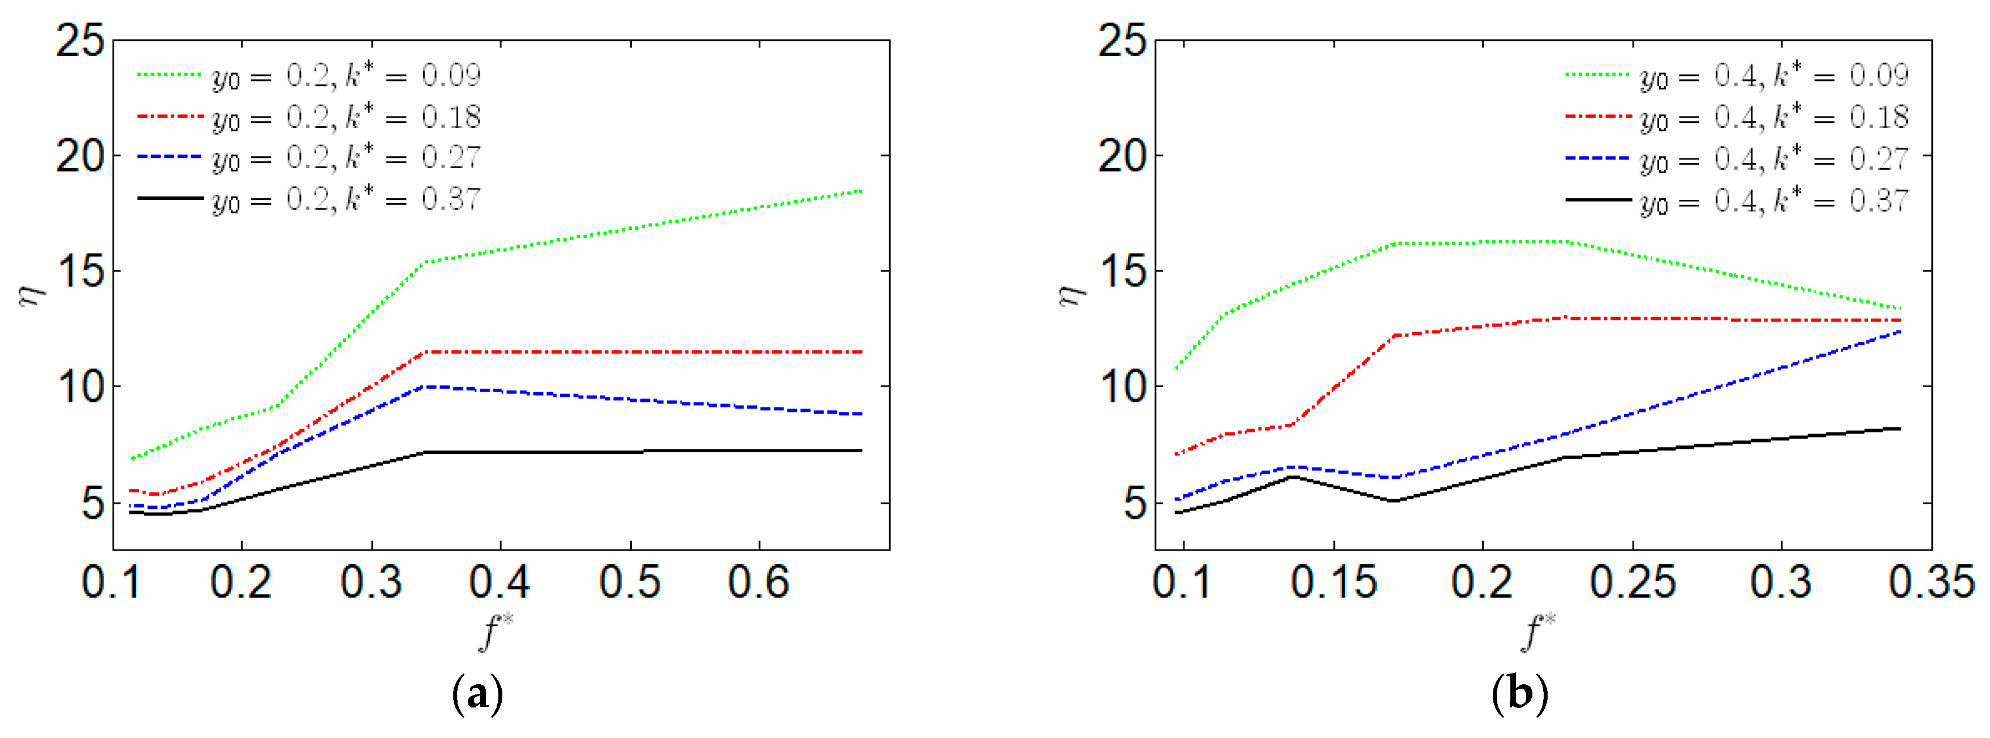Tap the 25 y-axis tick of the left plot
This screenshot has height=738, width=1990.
click(80, 40)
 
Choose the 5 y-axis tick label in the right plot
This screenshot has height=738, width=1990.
click(1134, 504)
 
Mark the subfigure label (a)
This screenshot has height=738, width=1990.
click(477, 694)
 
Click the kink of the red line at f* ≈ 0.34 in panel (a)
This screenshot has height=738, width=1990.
click(425, 353)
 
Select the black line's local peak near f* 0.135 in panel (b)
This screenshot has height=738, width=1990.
click(1293, 477)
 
